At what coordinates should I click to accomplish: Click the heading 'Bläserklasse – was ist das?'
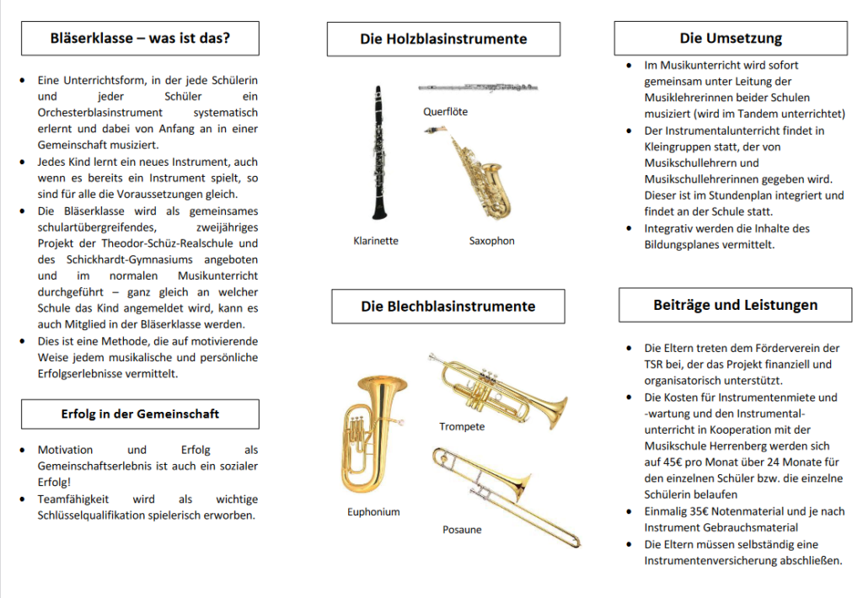coord(140,38)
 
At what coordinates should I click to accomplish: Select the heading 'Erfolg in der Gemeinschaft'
coord(140,414)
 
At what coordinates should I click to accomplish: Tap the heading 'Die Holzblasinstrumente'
coord(443,39)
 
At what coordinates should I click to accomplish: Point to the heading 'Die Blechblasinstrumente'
coord(448,306)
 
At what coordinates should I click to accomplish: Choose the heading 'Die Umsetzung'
coord(731,38)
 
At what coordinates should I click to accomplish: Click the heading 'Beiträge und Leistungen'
coord(735,305)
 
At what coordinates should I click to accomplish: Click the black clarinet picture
coord(378,152)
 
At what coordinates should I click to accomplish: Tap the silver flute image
coord(478,88)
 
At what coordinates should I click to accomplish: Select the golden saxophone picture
coord(477,174)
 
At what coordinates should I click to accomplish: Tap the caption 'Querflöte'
coord(445,111)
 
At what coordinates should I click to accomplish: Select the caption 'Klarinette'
coord(376,241)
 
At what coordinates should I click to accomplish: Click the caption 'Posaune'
coord(462,530)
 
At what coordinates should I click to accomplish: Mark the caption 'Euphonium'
coord(373,512)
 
